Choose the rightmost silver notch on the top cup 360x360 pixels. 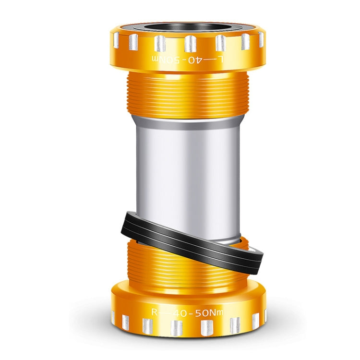click(262, 40)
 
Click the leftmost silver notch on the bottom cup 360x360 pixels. click(113, 317)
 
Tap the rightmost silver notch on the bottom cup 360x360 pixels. click(264, 316)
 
